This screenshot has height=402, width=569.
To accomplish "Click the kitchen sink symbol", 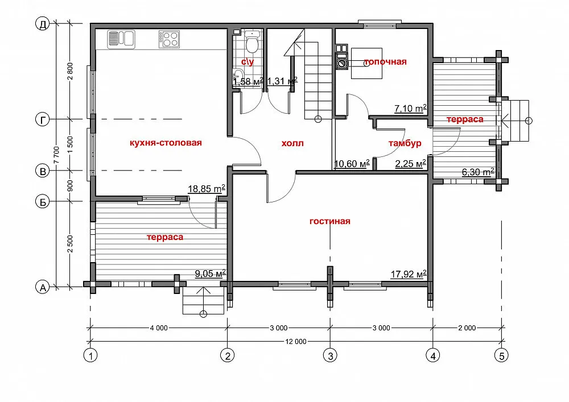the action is [x=121, y=39].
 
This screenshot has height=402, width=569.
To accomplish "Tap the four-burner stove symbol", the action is [x=169, y=39].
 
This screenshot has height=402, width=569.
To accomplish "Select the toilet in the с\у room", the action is [x=251, y=42].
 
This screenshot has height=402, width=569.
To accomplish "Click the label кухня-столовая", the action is [x=166, y=143].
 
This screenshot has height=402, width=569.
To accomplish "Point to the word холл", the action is [x=292, y=143].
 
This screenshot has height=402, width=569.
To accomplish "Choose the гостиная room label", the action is [x=330, y=221].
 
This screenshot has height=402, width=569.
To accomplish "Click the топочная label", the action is [x=385, y=61].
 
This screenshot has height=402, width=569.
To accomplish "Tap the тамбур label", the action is [x=405, y=143].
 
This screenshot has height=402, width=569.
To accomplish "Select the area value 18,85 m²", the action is [x=207, y=189].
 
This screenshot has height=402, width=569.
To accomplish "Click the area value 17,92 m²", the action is [x=408, y=274].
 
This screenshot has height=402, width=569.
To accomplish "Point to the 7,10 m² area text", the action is [x=410, y=109].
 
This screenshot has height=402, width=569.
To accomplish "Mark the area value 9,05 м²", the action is [x=211, y=273].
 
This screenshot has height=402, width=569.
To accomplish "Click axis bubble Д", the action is [x=43, y=24].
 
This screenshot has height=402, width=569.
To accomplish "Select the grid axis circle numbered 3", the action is [x=330, y=355].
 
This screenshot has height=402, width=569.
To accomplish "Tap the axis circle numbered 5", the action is [x=501, y=355].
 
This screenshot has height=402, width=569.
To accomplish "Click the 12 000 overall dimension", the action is [x=296, y=342].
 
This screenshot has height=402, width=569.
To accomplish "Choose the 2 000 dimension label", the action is [x=467, y=328].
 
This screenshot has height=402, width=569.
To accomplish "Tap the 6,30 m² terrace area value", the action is [x=478, y=172].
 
